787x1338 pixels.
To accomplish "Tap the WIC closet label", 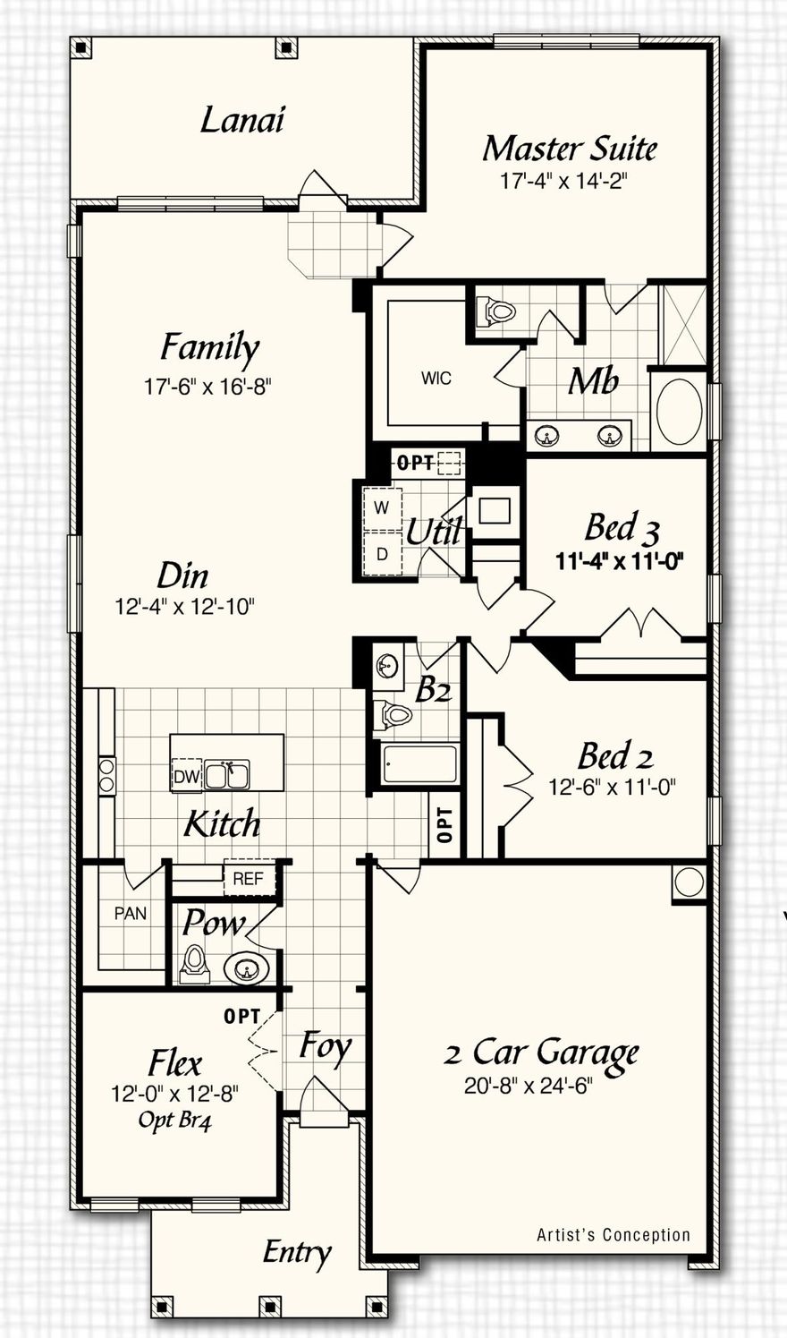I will (x=436, y=379).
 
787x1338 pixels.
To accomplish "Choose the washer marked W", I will (x=382, y=508).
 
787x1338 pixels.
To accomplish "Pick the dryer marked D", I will (x=382, y=554).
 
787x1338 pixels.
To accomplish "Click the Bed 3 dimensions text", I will (x=620, y=562).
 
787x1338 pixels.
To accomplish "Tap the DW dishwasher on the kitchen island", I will (x=186, y=777).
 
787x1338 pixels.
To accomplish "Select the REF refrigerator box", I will (x=248, y=879).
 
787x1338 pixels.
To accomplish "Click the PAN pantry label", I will (x=131, y=914).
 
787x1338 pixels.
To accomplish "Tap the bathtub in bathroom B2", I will (x=419, y=763).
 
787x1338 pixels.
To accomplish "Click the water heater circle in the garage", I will (x=690, y=882).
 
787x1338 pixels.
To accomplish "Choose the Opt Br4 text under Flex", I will (x=175, y=1120).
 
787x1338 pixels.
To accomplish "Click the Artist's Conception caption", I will (x=614, y=1235).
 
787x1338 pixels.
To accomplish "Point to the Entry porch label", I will (x=297, y=1253).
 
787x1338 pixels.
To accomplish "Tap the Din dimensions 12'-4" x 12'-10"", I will (x=185, y=607).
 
